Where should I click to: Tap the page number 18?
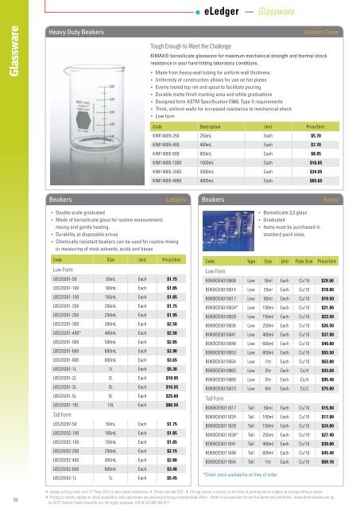tap(17, 499)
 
